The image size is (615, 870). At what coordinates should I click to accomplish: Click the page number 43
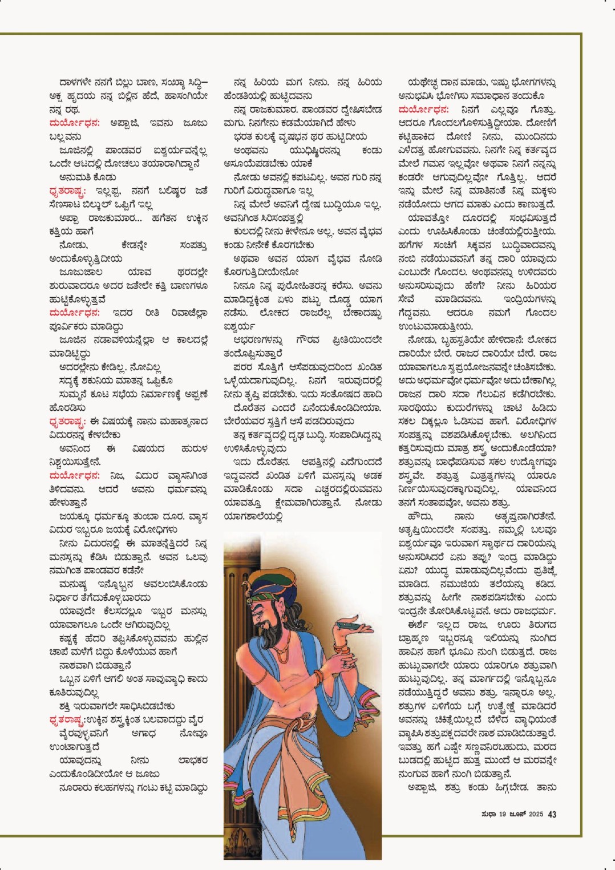pyautogui.click(x=552, y=814)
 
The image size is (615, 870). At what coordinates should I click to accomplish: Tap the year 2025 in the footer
pyautogui.click(x=536, y=814)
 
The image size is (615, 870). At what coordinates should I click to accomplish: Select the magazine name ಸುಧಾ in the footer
pyautogui.click(x=488, y=814)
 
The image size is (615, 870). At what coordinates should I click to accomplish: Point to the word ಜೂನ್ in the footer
pyautogui.click(x=517, y=814)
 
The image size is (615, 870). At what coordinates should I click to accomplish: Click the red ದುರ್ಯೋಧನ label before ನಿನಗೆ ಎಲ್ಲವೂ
pyautogui.click(x=423, y=109)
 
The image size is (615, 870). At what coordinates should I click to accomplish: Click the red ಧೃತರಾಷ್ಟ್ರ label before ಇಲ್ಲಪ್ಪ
pyautogui.click(x=67, y=191)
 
